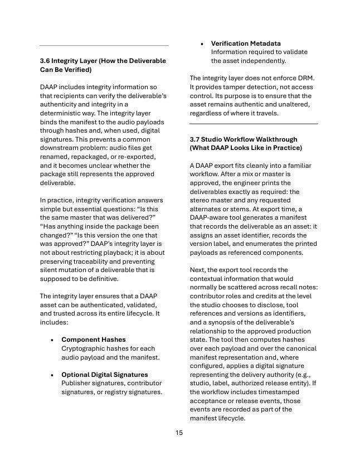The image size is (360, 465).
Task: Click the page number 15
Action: pyautogui.click(x=179, y=432)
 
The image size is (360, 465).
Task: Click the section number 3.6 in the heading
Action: pyautogui.click(x=45, y=60)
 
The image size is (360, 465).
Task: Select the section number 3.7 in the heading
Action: pyautogui.click(x=196, y=139)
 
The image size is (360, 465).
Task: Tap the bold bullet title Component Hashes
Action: pyautogui.click(x=93, y=339)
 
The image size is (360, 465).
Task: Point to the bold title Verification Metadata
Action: pyautogui.click(x=245, y=43)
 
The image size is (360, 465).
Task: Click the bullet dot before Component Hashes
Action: pyautogui.click(x=52, y=340)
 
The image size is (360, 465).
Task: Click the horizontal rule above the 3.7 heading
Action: pyautogui.click(x=254, y=123)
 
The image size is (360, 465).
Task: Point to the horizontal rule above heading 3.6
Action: pyautogui.click(x=104, y=45)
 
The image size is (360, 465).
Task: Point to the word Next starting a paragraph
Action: pyautogui.click(x=198, y=269)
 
